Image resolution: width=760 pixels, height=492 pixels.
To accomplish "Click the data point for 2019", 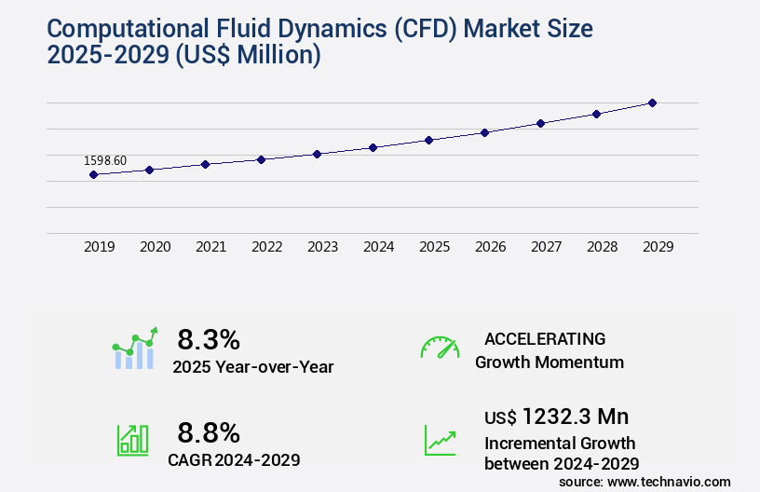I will coord(93,174).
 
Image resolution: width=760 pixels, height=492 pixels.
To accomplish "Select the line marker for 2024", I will coord(373,147).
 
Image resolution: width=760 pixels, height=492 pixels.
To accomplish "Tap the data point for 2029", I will coord(652,102).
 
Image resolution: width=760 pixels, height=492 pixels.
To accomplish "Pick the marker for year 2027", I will coord(540,123).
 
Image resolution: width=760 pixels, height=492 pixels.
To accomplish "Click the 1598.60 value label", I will coord(105,160).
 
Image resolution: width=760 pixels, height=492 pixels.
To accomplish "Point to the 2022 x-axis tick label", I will coord(267,247).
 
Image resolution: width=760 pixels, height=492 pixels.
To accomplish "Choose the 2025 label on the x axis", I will coord(435,247).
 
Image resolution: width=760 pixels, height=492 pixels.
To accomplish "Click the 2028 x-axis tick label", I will coord(603,247).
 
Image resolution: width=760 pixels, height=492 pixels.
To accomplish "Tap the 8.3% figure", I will coord(209,339).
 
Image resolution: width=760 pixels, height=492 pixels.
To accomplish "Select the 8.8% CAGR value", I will coord(209,432).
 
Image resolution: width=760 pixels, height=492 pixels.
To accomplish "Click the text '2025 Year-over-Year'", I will coord(253,367).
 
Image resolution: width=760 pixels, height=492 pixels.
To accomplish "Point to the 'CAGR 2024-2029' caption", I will coord(235,459).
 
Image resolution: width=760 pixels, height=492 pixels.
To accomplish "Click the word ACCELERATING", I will coord(545,338).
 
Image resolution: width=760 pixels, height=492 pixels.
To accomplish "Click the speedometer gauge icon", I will coord(440,348).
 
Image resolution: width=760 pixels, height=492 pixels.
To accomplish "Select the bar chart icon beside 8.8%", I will coord(132,440).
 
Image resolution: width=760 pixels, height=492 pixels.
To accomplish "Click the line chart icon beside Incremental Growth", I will coord(440,440).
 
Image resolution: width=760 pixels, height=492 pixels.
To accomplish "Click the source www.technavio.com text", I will coord(645,481).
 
